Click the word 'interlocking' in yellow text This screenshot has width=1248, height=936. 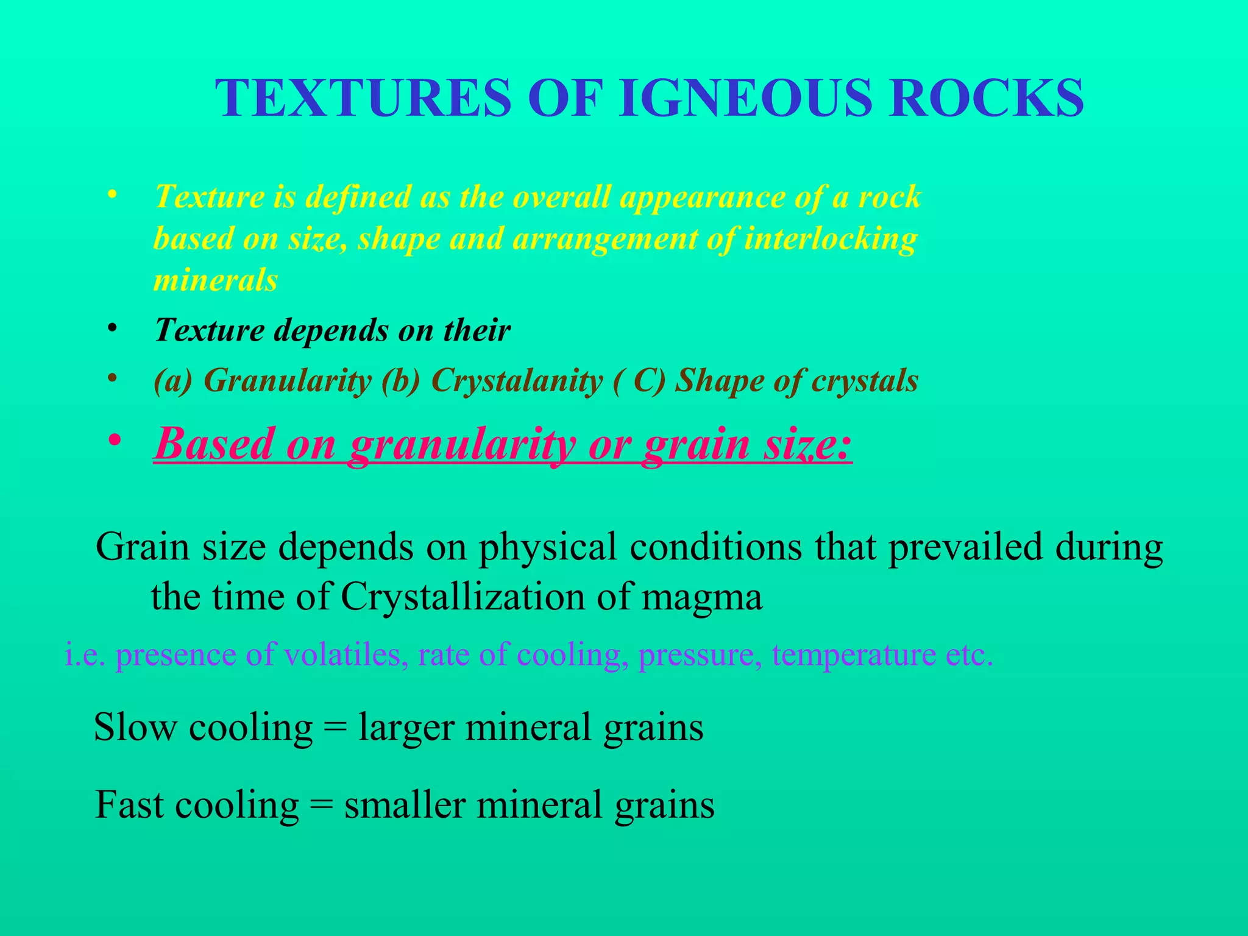[831, 238]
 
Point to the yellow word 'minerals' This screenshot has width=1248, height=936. [216, 280]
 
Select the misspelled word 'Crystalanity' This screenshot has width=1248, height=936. [517, 381]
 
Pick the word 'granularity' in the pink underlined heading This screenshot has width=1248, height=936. [462, 444]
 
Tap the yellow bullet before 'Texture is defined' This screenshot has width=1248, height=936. [111, 195]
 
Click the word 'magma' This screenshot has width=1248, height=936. [701, 598]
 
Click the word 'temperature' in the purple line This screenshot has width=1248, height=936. [853, 655]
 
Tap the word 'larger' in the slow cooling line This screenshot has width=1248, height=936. [406, 728]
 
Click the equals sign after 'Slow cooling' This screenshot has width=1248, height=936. [336, 728]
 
